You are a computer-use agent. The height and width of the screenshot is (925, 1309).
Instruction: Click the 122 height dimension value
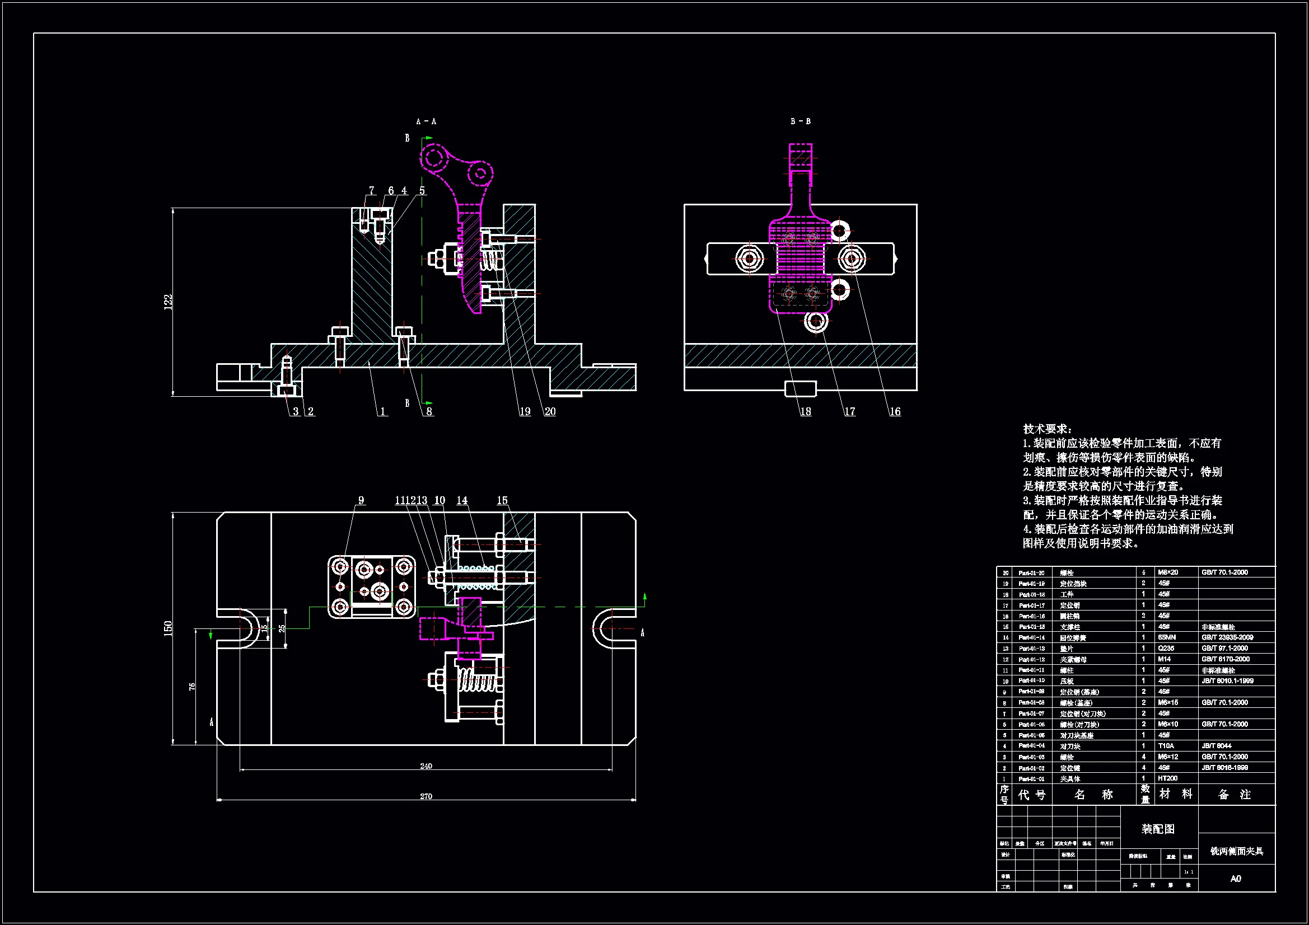click(x=167, y=302)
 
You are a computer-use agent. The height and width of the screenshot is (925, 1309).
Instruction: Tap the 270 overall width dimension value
click(x=426, y=796)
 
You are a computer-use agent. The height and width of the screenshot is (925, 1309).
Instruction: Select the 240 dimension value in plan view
click(x=426, y=766)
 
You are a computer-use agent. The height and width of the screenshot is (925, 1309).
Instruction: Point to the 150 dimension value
click(x=167, y=628)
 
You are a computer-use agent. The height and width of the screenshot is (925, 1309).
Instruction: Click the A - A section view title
click(x=426, y=121)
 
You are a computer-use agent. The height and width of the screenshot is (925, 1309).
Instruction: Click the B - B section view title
click(x=801, y=121)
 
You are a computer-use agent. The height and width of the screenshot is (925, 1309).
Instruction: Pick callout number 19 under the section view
click(x=525, y=411)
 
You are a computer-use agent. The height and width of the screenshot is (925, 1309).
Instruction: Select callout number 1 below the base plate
click(x=382, y=411)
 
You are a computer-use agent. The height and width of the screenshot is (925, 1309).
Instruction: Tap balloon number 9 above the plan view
click(x=361, y=500)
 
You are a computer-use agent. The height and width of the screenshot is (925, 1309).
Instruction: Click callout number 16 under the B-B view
click(x=895, y=411)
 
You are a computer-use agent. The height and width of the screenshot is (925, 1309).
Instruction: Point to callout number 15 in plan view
click(x=502, y=500)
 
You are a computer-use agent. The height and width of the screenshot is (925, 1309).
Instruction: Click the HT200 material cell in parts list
click(x=1167, y=778)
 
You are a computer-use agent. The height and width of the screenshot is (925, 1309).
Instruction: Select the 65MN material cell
click(x=1166, y=637)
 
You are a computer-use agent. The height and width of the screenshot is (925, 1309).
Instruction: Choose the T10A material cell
click(x=1166, y=746)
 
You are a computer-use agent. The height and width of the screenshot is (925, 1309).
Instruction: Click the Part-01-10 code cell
click(x=1031, y=680)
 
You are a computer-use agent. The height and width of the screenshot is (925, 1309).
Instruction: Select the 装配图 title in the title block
click(x=1158, y=829)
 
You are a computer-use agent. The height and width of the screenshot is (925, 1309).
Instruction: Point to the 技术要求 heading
click(x=1047, y=429)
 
